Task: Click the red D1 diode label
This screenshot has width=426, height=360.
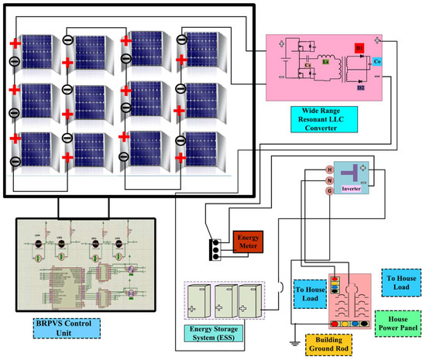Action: click(x=359, y=47)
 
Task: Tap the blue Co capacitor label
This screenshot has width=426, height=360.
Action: click(x=376, y=60)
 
